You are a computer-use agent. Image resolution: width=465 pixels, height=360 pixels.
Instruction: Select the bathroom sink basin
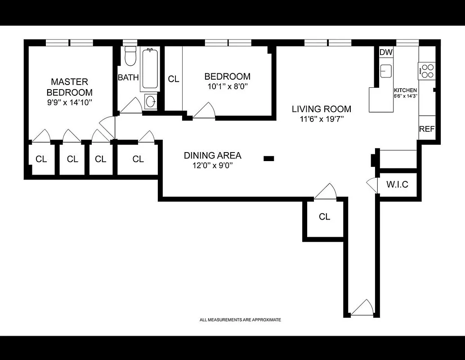151,101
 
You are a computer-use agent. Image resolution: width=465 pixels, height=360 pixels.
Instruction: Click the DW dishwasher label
386,52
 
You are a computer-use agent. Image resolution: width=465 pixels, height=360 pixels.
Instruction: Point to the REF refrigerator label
426,129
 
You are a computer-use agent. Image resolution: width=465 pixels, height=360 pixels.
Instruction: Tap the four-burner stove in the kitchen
427,71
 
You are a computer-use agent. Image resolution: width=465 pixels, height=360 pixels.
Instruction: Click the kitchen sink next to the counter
386,71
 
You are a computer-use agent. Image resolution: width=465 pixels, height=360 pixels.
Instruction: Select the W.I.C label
397,184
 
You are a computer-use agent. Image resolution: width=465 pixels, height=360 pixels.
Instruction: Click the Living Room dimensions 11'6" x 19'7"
321,119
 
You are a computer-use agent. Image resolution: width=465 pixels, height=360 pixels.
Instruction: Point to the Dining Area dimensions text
212,165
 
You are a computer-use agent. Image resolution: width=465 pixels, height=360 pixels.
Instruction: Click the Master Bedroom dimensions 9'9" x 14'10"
69,102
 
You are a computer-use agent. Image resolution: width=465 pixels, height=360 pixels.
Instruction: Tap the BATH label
128,77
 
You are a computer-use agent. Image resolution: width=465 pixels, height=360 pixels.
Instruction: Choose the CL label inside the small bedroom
174,79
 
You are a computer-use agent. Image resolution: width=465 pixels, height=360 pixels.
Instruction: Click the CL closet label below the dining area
324,216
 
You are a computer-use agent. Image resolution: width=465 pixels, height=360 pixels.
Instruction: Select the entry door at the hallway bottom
362,308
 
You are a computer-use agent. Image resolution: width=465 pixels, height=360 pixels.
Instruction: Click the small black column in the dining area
268,158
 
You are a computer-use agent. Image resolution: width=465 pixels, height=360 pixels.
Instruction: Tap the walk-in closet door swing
372,185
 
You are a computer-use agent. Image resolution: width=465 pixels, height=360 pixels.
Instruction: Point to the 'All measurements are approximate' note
240,320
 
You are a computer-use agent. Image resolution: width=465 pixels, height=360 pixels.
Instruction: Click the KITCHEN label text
406,90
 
